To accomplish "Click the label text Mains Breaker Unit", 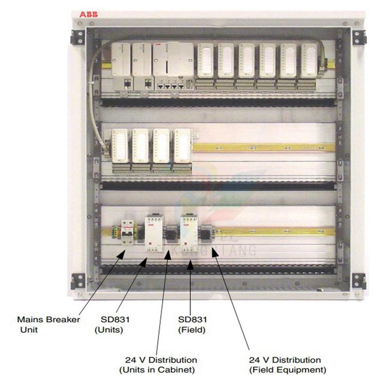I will tap(48, 324).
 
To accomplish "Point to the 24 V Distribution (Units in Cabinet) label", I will tap(158, 365).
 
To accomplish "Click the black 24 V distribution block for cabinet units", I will tap(170, 235).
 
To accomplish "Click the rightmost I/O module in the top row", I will tap(309, 64).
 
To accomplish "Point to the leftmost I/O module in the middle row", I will tap(120, 150).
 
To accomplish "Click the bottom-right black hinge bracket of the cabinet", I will tap(358, 281).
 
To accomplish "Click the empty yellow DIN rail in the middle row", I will tap(261, 147).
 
